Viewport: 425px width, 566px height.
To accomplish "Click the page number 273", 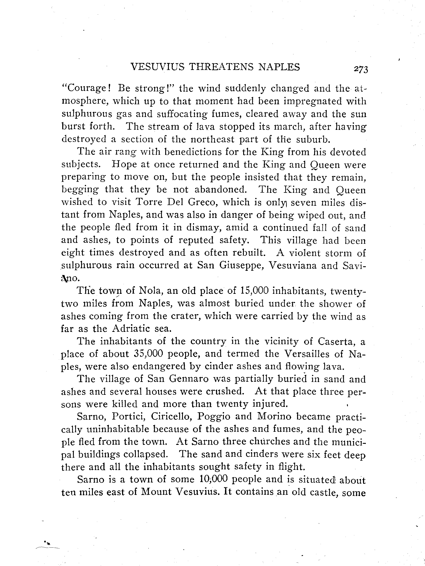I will click(361, 70).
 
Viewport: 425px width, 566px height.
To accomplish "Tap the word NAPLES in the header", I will click(279, 67).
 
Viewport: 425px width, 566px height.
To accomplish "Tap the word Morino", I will click(274, 417).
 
